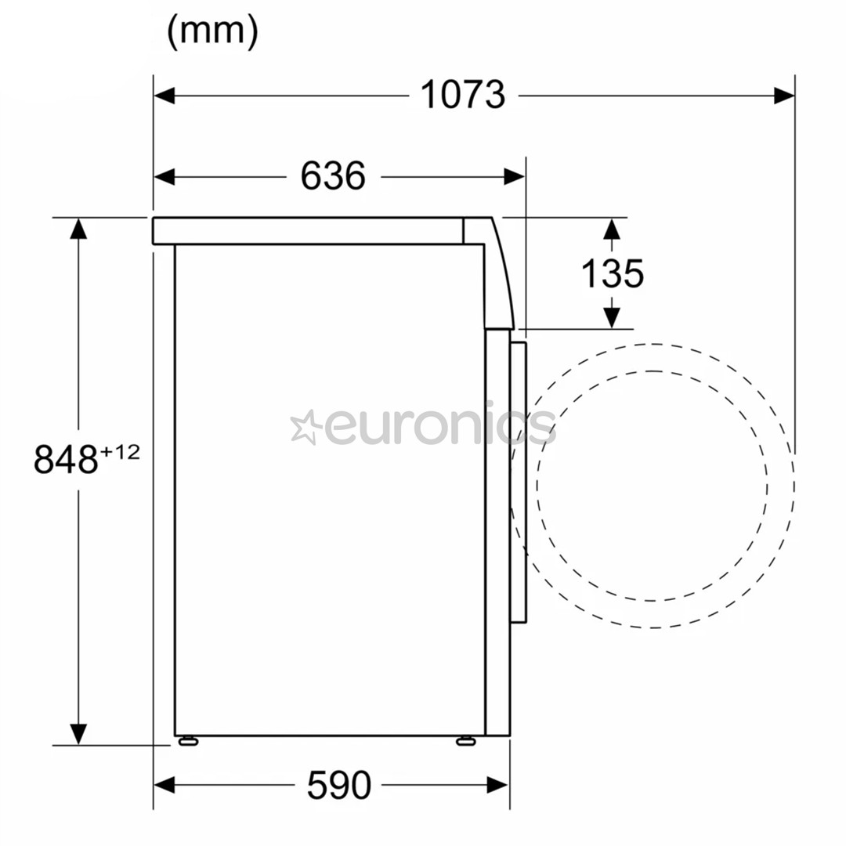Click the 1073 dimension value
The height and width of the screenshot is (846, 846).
[463, 95]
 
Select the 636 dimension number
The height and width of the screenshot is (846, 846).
[333, 176]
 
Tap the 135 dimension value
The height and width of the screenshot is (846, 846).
[613, 273]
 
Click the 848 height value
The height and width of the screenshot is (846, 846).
[66, 459]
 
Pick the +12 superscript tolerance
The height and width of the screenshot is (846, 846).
[120, 451]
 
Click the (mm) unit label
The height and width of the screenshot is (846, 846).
[213, 31]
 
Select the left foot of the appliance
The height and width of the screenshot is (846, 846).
[188, 741]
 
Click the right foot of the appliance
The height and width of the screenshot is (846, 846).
[465, 741]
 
